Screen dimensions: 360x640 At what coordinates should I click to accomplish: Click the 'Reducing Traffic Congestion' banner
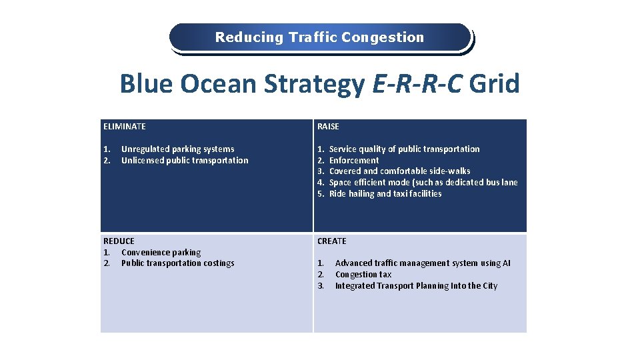[319, 37]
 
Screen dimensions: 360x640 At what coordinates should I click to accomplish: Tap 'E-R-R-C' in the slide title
[416, 85]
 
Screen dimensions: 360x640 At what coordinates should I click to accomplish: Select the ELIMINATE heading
[125, 126]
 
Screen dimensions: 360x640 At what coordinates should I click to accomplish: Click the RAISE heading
[328, 126]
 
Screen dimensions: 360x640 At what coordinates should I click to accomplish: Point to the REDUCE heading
[119, 241]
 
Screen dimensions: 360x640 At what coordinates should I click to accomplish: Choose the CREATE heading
[332, 241]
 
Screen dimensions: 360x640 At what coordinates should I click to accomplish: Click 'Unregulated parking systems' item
[177, 149]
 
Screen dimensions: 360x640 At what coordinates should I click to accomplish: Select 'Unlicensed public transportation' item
[185, 160]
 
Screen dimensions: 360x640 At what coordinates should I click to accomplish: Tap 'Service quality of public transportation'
[404, 149]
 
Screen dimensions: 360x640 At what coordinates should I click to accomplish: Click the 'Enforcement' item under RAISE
[354, 160]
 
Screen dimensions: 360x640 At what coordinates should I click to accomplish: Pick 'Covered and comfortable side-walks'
[399, 171]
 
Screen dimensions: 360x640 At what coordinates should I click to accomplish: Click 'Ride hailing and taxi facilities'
[385, 193]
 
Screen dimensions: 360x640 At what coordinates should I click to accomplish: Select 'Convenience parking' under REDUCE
[161, 252]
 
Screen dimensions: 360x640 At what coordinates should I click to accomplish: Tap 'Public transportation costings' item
[177, 263]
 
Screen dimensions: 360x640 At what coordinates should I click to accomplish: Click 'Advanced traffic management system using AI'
[422, 263]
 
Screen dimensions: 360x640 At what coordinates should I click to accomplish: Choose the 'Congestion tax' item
[363, 275]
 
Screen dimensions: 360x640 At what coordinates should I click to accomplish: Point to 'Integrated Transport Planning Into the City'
[416, 286]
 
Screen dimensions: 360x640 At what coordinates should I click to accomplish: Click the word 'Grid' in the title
[494, 85]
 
